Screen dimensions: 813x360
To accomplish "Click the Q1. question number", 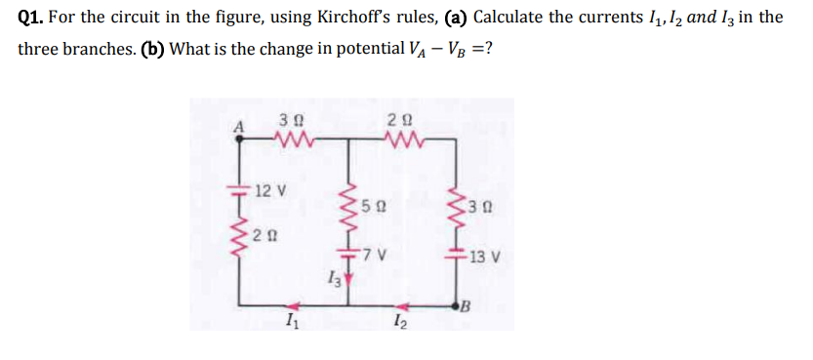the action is (x=32, y=19).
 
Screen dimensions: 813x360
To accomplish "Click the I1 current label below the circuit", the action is (x=290, y=323).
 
